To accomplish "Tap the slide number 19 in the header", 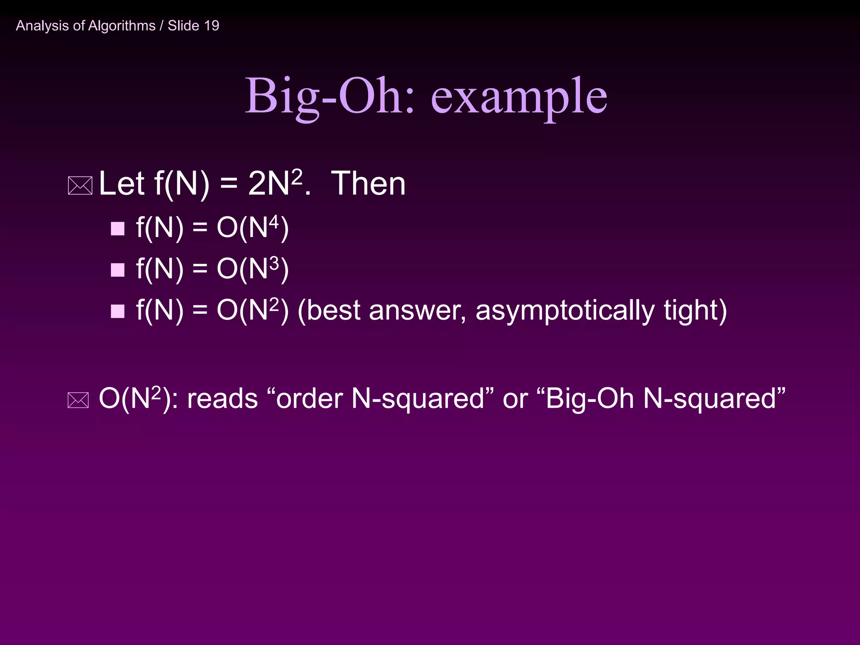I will tap(212, 26).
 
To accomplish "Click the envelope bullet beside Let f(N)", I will tap(80, 186).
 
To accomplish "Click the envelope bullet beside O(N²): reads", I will tap(78, 400).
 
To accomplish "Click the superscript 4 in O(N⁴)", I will tap(274, 222).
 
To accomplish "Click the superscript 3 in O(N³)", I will tap(274, 263).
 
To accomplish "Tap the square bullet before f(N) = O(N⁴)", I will tap(118, 229).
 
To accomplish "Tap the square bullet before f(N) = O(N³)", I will tap(118, 270).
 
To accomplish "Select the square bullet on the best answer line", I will tap(118, 311).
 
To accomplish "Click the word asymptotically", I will tap(565, 311).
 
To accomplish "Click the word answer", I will tap(417, 311).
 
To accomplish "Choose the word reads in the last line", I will tap(222, 399).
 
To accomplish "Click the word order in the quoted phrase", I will tap(309, 399).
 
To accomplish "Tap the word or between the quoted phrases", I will tap(515, 399).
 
